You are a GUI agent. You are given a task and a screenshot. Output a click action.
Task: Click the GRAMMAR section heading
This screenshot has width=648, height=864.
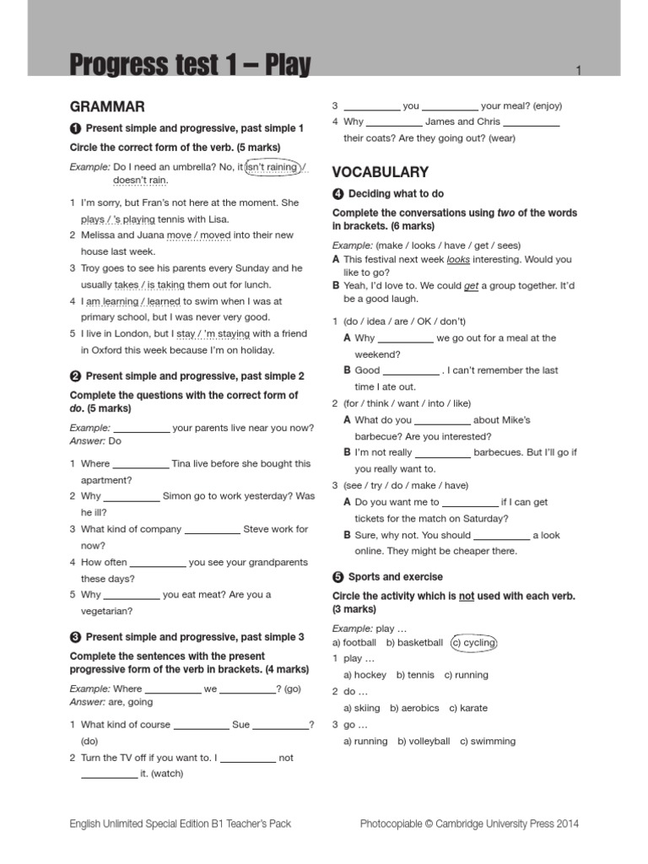[x=107, y=106]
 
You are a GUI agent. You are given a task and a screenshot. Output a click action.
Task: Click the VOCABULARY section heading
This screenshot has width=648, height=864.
[x=381, y=172]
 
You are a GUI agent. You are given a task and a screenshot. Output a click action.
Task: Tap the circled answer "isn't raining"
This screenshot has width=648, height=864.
[x=272, y=167]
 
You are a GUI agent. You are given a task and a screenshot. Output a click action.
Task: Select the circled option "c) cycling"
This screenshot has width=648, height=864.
[x=475, y=642]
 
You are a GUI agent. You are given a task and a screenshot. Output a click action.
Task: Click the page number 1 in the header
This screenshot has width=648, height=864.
[x=579, y=71]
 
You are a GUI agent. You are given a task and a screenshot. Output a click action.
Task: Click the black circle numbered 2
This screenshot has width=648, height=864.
[x=74, y=375]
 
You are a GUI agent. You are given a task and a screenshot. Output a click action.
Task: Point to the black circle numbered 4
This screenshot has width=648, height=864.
[x=337, y=194]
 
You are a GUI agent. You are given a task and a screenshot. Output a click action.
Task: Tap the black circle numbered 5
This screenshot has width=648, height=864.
[x=337, y=577]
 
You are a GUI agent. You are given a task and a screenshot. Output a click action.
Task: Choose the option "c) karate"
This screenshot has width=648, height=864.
[x=468, y=708]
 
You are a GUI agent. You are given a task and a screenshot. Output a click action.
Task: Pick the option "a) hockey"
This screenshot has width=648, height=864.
[x=364, y=675]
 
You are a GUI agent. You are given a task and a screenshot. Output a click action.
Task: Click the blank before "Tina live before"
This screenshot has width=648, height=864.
[x=140, y=464]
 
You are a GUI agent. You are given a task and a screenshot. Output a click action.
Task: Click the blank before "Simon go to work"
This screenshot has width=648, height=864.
[x=131, y=497]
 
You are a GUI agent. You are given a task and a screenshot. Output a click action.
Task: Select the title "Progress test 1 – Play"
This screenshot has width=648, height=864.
[x=190, y=66]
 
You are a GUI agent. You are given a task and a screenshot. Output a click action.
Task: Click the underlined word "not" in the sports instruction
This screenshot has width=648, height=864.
[x=466, y=596]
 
